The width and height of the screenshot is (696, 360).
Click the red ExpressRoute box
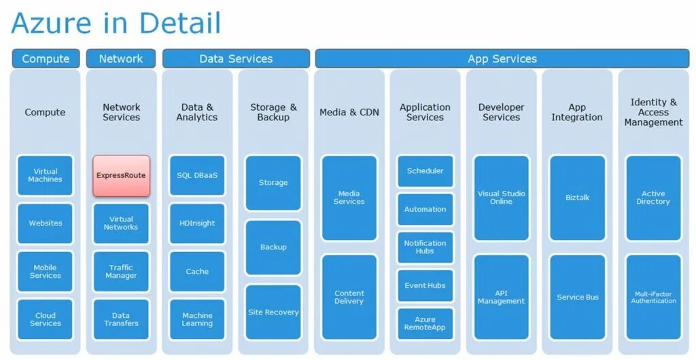coord(121,175)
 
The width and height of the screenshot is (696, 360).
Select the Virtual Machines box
coord(46,175)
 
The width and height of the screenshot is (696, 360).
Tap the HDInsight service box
coord(197,223)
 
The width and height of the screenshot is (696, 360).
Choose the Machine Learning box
coord(197,319)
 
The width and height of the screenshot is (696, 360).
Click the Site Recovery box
coord(273,312)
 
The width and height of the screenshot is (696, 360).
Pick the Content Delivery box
coord(349,297)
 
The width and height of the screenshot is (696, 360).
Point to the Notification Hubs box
coord(425,247)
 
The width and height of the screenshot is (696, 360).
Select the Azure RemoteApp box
coord(425,323)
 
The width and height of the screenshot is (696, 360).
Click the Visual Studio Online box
coord(502,198)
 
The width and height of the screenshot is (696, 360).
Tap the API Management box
coord(502,297)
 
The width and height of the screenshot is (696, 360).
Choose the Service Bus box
coord(578,297)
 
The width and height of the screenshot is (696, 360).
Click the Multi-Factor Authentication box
coord(653,297)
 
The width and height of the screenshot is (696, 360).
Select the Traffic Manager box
coord(121,272)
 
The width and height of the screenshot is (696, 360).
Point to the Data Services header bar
coord(236,59)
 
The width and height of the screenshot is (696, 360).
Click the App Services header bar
coord(502,59)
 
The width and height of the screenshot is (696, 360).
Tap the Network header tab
coord(121,59)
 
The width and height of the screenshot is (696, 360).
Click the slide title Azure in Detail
coord(116,23)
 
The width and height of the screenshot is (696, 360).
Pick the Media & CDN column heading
coord(349,112)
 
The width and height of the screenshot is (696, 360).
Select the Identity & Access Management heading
coord(653,112)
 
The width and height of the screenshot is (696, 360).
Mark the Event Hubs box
coord(425,285)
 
